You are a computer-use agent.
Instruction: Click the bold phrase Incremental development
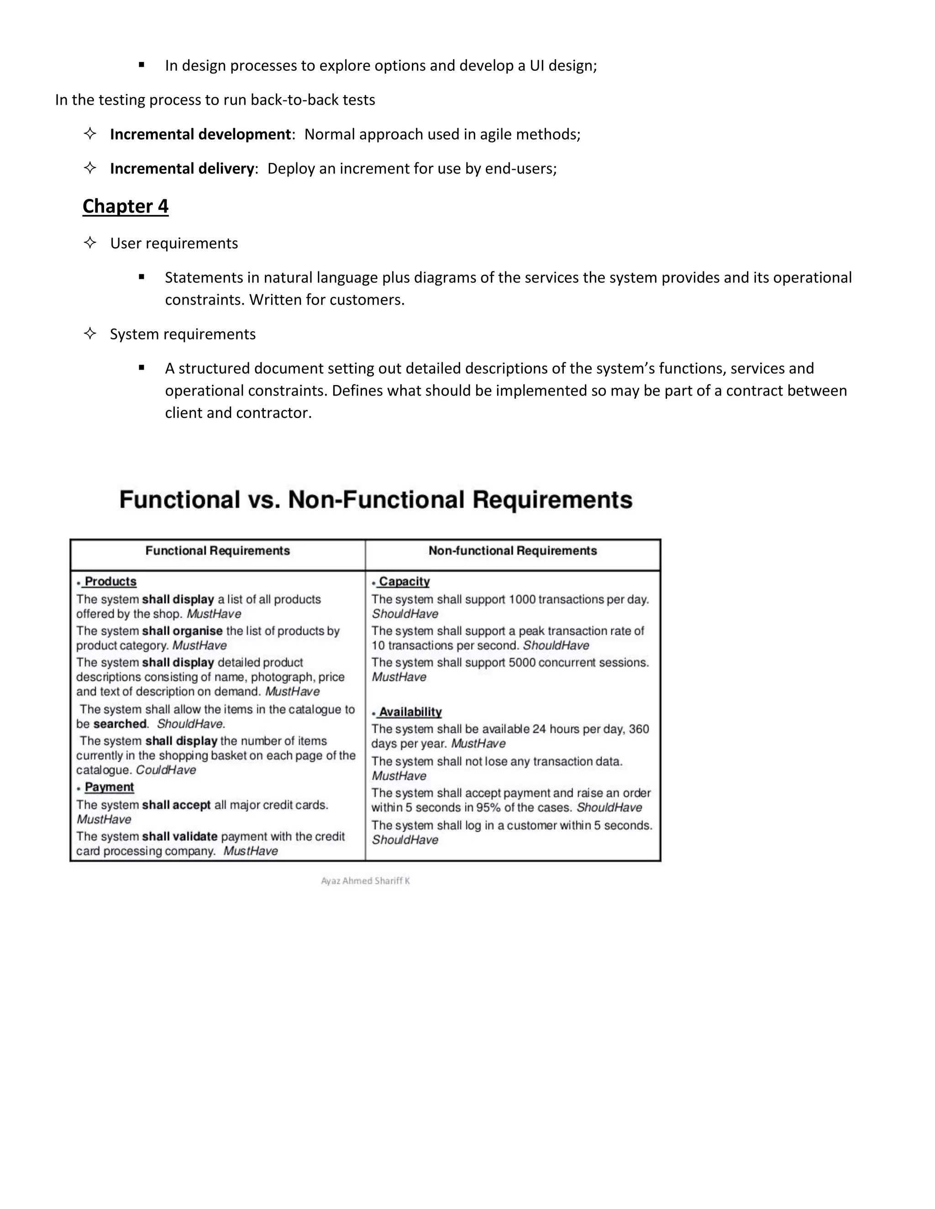tap(200, 135)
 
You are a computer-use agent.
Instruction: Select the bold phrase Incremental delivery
tap(182, 169)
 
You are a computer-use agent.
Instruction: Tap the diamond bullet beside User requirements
tap(90, 242)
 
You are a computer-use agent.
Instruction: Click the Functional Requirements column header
tap(217, 551)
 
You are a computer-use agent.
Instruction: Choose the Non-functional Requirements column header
tap(512, 551)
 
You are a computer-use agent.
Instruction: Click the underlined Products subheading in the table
tap(110, 582)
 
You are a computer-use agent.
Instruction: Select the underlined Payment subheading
tap(109, 787)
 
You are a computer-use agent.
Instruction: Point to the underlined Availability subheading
tap(410, 713)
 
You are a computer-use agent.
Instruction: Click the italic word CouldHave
tap(166, 770)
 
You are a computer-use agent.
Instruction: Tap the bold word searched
tap(120, 724)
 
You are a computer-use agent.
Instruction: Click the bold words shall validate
tap(179, 836)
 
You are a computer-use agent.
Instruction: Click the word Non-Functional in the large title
tap(376, 500)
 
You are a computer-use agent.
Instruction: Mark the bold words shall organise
tap(182, 631)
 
